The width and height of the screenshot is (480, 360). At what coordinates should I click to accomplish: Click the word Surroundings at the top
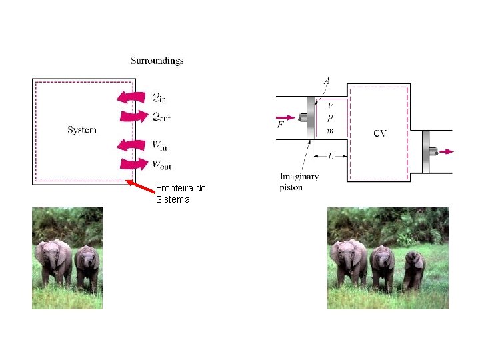click(157, 61)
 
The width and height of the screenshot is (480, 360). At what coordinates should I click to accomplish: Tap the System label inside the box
click(82, 130)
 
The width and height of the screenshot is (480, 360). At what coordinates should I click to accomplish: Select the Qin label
click(159, 98)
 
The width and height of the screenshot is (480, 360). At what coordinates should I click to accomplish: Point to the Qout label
click(161, 117)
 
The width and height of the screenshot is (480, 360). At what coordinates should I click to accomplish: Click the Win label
click(159, 145)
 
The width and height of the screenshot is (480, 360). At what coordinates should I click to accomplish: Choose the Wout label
click(161, 164)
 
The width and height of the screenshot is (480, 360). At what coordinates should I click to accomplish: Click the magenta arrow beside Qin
click(131, 97)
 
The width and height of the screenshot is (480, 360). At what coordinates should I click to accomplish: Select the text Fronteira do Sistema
click(180, 193)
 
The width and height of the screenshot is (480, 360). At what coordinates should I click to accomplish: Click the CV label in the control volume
click(379, 133)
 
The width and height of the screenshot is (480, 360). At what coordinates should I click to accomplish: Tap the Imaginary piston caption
click(299, 182)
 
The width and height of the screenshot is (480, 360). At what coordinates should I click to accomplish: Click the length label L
click(331, 157)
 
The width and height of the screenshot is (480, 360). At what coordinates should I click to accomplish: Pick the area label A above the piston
click(326, 81)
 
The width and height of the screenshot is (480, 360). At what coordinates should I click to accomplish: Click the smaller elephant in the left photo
click(87, 266)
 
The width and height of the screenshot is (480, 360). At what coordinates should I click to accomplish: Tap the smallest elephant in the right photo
click(413, 268)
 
